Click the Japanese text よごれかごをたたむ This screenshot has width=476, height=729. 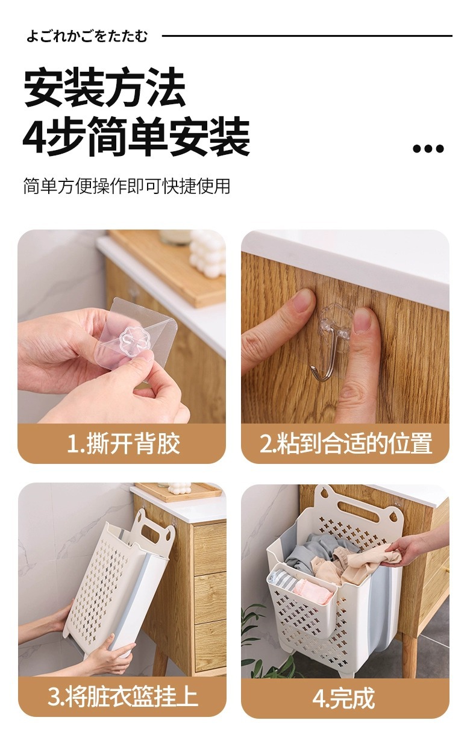point(87,36)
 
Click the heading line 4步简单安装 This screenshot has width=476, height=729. point(136,138)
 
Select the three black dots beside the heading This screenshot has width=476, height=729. point(428,149)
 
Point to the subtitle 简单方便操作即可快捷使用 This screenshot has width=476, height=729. point(127,186)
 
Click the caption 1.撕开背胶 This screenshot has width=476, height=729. point(122,444)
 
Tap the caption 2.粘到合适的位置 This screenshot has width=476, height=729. point(346,444)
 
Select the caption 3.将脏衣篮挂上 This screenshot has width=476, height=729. point(122,697)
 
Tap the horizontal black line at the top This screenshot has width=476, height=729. point(307,36)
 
